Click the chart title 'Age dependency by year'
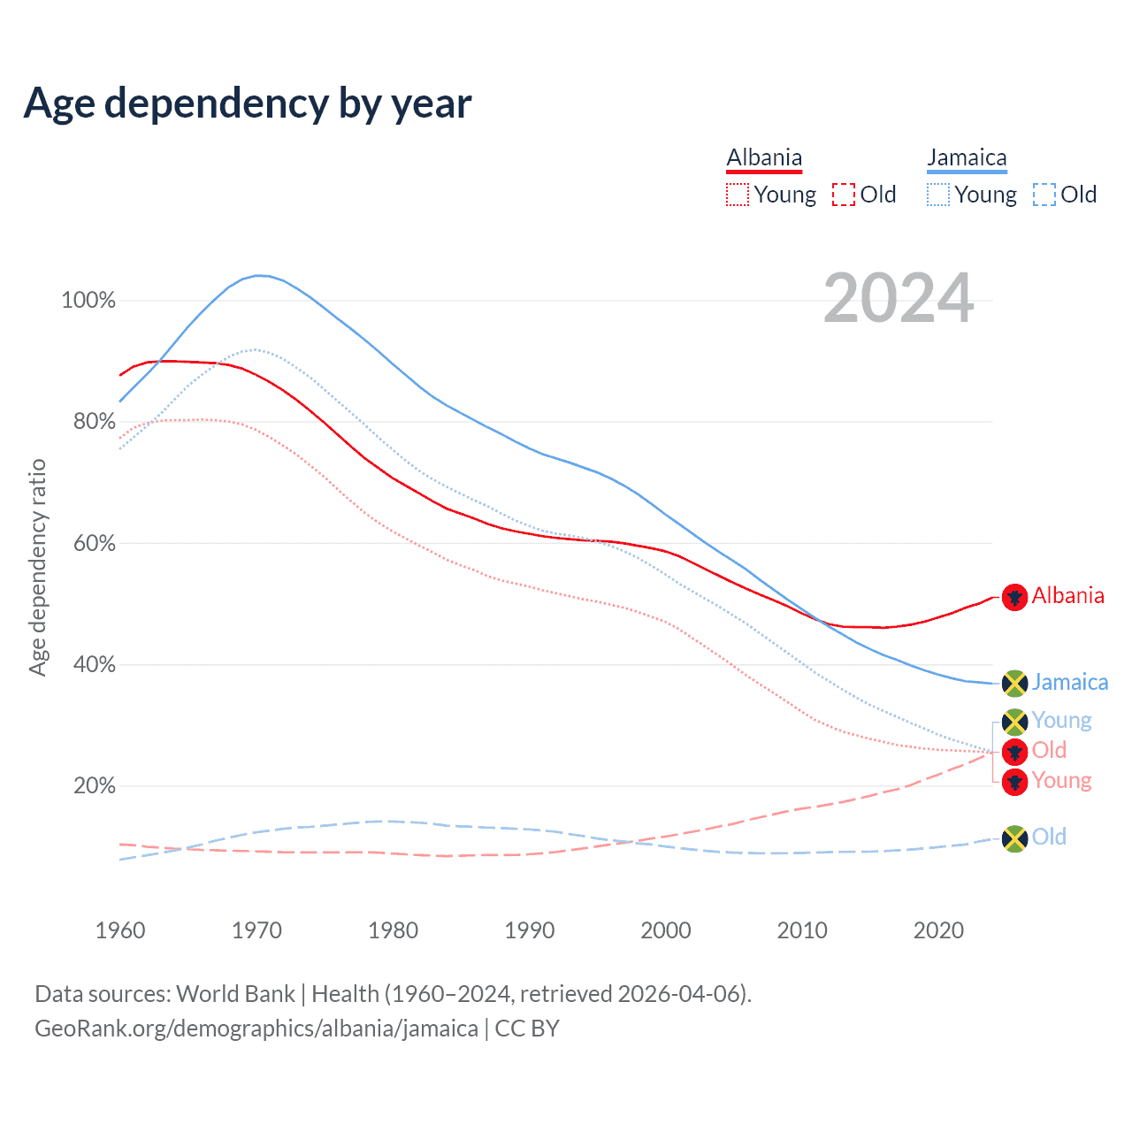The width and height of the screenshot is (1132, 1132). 248,103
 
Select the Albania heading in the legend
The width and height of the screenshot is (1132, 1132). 764,158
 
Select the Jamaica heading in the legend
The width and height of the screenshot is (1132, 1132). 967,158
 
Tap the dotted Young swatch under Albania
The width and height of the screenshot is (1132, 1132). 738,195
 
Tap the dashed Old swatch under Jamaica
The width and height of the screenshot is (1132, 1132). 1044,195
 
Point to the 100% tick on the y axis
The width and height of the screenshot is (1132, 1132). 88,301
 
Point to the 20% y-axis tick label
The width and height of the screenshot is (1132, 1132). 94,786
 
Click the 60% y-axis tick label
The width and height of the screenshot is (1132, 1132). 94,543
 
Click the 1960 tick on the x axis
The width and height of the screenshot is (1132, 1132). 120,930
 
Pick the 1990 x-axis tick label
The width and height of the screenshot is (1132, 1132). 530,930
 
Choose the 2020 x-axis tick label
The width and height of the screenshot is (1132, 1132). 938,930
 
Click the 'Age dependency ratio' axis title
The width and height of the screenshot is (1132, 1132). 37,567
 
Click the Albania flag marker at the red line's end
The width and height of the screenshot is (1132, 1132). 1014,597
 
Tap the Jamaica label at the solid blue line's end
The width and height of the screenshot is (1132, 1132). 1069,682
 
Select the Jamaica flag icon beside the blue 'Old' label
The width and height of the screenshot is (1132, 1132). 1014,838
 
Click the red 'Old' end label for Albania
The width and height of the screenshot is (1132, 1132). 1049,751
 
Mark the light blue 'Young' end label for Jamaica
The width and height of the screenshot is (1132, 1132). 1061,721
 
